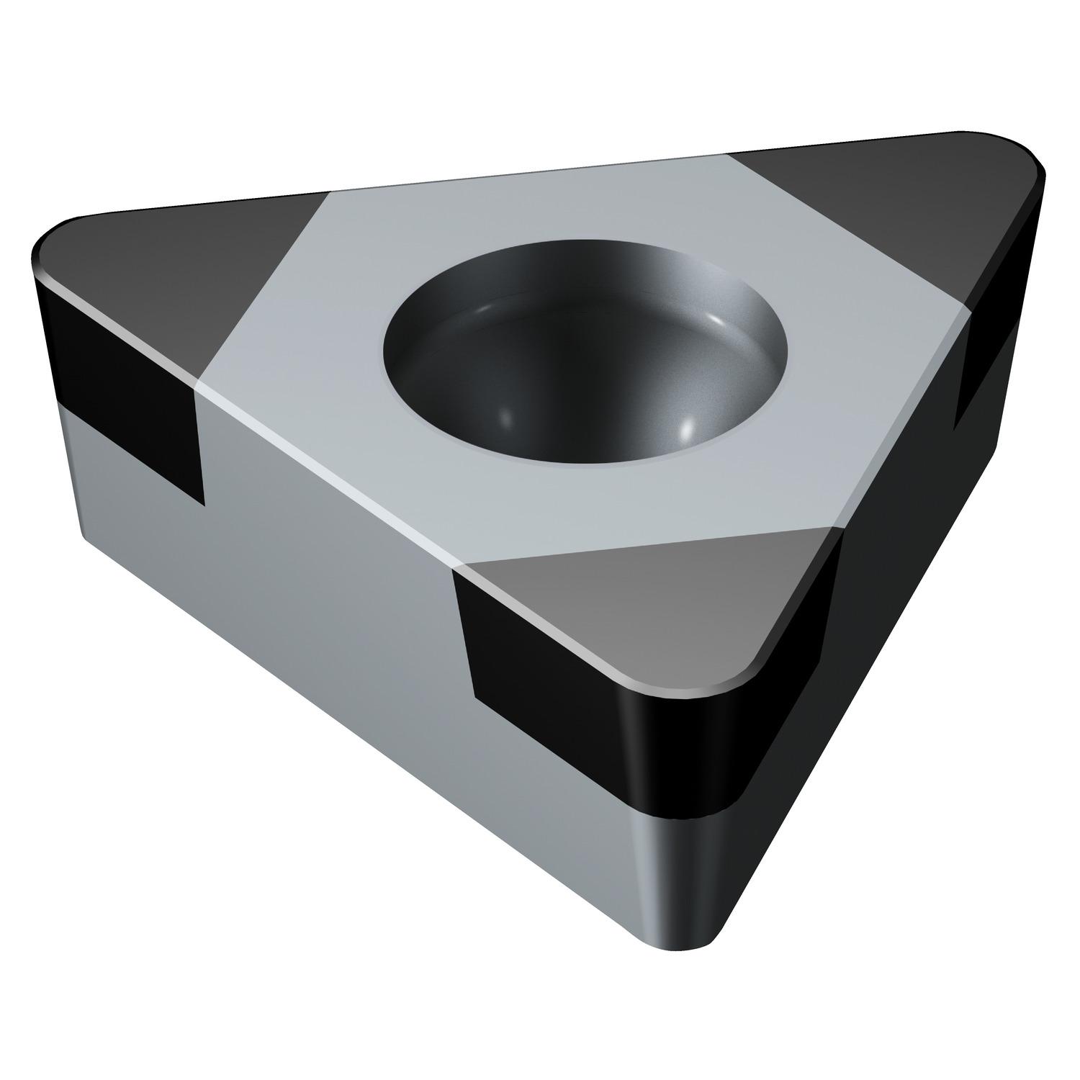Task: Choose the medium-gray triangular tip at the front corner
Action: point(648,605)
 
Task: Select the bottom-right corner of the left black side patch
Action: point(202,503)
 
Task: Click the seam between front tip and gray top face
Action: point(648,546)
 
